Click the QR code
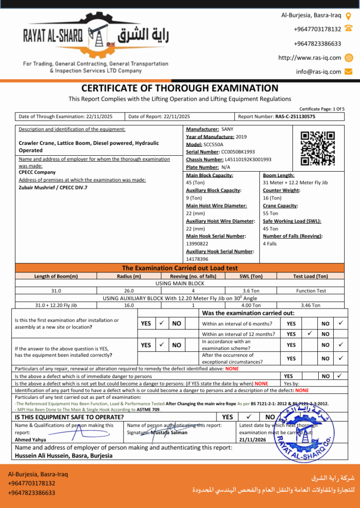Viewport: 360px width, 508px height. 318,148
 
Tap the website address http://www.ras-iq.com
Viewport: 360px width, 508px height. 309,58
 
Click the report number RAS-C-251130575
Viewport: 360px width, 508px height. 295,117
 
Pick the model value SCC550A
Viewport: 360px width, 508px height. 214,144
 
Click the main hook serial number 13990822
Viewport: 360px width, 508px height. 197,244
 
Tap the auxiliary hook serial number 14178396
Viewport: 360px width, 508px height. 197,259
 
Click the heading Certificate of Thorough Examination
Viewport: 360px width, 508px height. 180,88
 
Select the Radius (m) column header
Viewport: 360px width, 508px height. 129,276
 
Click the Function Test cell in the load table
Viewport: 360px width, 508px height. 311,291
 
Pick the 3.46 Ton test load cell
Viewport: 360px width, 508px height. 311,306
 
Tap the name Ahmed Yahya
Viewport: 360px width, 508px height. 31,440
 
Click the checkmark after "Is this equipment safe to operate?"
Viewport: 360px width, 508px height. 249,417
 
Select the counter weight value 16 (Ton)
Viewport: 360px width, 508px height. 272,198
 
